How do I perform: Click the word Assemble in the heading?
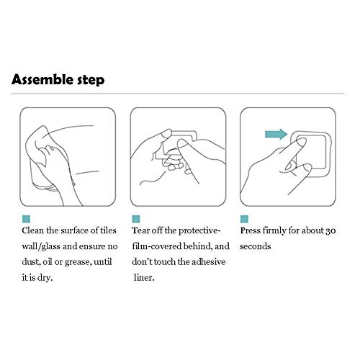[x=42, y=79]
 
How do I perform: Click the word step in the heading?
[x=91, y=80]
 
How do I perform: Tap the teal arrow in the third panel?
[x=276, y=134]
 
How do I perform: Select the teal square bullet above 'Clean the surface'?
[x=26, y=219]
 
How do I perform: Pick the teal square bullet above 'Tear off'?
[x=136, y=219]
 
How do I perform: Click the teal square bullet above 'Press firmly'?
[x=244, y=219]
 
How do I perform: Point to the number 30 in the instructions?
[x=330, y=230]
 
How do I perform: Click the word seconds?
[x=256, y=246]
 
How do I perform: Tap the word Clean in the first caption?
[x=33, y=230]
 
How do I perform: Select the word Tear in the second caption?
[x=140, y=230]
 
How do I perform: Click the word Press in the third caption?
[x=250, y=230]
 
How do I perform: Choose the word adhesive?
[x=209, y=261]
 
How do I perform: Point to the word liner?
[x=144, y=278]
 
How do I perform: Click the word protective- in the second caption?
[x=199, y=231]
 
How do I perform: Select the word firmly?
[x=274, y=231]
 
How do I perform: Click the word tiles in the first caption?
[x=108, y=230]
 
